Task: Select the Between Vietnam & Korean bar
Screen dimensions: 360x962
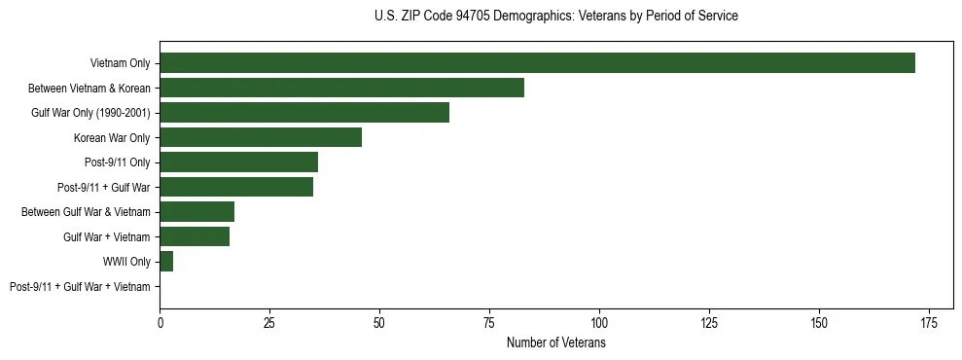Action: click(x=341, y=88)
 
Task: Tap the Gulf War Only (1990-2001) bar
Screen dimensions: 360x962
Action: click(x=304, y=113)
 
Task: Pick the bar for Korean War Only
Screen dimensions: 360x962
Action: click(x=261, y=137)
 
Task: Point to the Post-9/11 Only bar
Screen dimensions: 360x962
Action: click(x=238, y=162)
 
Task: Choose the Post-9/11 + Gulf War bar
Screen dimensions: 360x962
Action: click(x=236, y=187)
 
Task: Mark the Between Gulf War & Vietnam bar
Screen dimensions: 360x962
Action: click(x=196, y=212)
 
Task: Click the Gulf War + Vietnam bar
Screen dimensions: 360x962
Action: click(x=195, y=236)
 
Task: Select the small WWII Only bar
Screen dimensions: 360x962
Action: click(x=166, y=262)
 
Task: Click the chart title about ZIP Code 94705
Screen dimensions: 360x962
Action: click(x=555, y=17)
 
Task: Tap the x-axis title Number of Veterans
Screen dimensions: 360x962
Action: click(x=555, y=343)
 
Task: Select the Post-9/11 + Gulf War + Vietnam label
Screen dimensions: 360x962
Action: click(x=80, y=286)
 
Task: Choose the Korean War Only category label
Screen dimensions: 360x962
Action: click(x=112, y=137)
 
